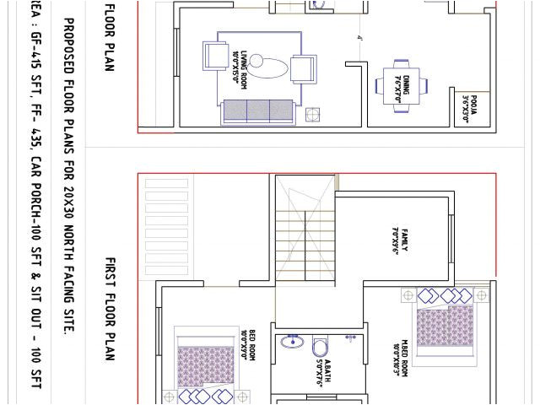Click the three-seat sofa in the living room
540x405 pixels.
coord(257,111)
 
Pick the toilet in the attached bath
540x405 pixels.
coord(321,347)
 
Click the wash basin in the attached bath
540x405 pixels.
coord(294,342)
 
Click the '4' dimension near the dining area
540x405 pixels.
coord(359,38)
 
